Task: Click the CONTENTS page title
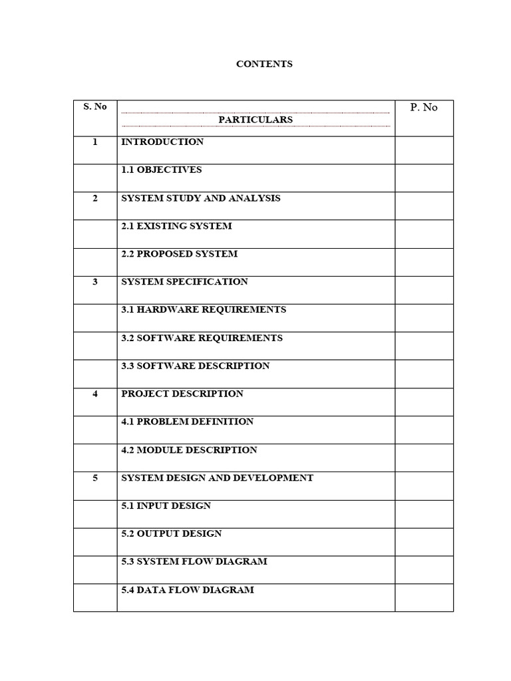coord(264,65)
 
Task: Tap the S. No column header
coord(95,106)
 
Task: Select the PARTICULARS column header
coord(255,120)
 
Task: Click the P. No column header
coord(424,107)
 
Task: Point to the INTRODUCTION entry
coord(162,142)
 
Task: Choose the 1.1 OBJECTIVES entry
coord(161,170)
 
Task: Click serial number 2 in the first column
coord(95,198)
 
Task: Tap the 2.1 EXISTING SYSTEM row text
coord(176,226)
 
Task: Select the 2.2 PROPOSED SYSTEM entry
coord(179,254)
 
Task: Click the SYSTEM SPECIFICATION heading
coord(184,282)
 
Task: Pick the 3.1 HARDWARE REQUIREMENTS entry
coord(204,310)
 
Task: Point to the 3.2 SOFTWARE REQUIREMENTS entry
coord(202,338)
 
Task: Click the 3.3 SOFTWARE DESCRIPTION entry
coord(196,366)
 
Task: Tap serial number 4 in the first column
coord(95,394)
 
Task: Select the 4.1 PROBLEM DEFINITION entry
coord(187,422)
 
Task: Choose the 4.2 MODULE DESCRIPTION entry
coord(189,450)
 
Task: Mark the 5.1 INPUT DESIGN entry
coord(166,506)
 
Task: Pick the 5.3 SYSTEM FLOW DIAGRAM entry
coord(194,562)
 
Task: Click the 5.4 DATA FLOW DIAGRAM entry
coord(187,590)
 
